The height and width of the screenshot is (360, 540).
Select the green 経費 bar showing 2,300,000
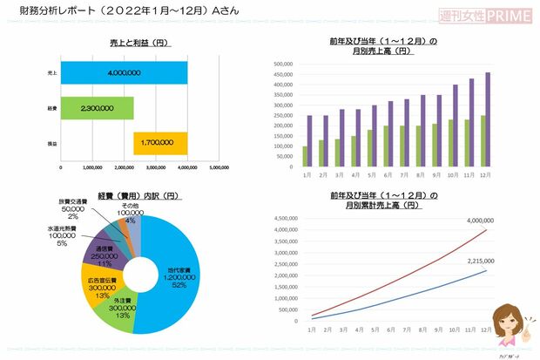tap(97, 107)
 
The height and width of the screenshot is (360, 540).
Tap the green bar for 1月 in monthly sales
tap(305, 156)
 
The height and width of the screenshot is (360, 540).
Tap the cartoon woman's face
tap(505, 318)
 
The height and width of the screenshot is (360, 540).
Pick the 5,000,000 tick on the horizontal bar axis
tap(219, 167)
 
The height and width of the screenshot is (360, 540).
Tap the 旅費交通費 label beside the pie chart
tap(73, 201)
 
